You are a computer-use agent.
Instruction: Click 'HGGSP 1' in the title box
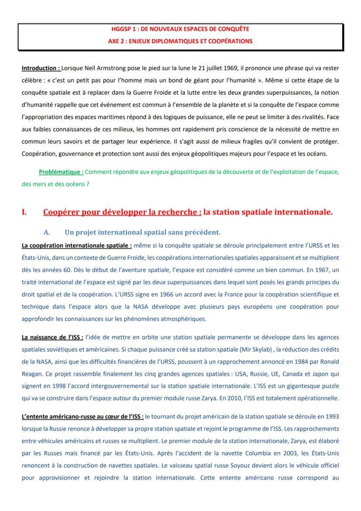pyautogui.click(x=123, y=29)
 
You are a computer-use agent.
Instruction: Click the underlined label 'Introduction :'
pyautogui.click(x=41, y=69)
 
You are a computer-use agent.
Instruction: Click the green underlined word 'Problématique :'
pyautogui.click(x=61, y=172)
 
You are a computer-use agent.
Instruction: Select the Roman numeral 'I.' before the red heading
pyautogui.click(x=24, y=213)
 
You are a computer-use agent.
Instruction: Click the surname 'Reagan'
pyautogui.click(x=32, y=374)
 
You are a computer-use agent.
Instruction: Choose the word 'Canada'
pyautogui.click(x=269, y=374)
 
